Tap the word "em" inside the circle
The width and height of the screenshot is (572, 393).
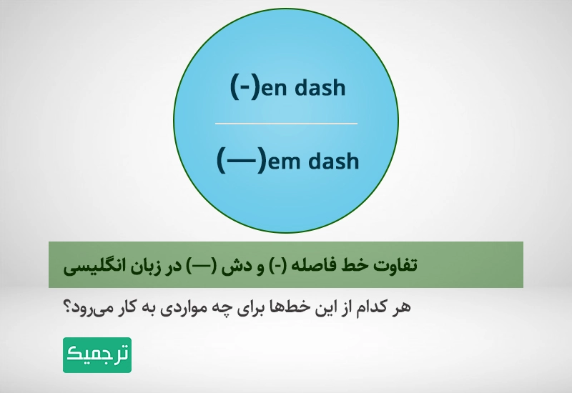point(285,161)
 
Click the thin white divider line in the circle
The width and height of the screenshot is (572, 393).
point(286,124)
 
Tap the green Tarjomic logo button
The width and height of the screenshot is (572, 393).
point(97,354)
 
